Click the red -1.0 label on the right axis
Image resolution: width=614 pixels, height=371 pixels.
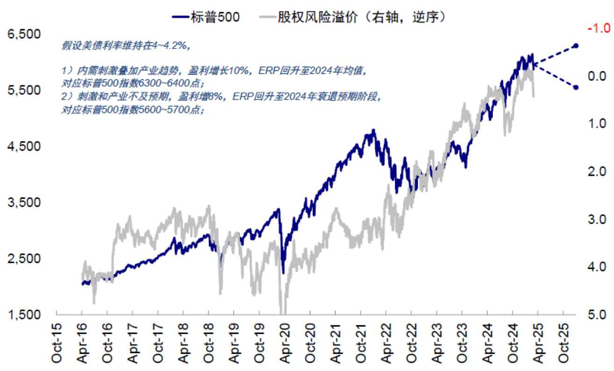click(598, 29)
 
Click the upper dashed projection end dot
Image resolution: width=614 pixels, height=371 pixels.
click(576, 46)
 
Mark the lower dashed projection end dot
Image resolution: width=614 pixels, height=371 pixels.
click(576, 87)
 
